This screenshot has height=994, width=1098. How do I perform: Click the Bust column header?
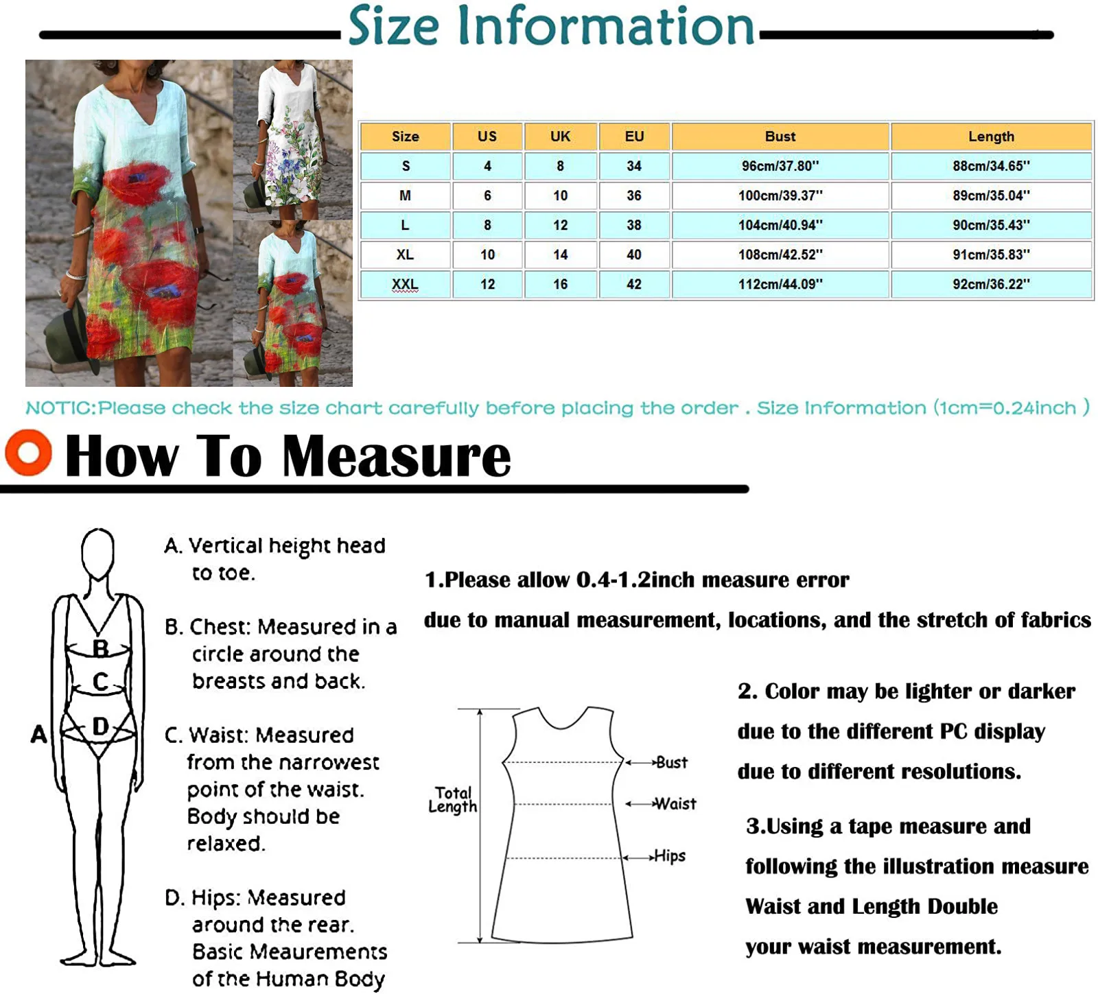pos(780,137)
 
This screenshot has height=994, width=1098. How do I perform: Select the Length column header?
pos(991,137)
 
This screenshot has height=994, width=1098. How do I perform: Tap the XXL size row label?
pos(405,284)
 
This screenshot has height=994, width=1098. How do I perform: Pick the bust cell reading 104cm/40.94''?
pos(780,225)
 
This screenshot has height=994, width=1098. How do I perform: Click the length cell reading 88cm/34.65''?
pos(991,166)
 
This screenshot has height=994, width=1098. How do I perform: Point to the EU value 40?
pos(633,255)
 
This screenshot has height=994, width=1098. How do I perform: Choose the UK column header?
pos(560,137)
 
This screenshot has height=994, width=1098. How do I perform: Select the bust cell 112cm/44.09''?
pos(780,284)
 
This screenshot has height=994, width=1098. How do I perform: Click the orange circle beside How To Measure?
pos(28,453)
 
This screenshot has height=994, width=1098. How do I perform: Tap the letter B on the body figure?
pos(100,648)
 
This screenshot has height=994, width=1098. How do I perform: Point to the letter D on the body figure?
pos(100,726)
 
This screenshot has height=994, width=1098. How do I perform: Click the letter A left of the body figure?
pos(39,735)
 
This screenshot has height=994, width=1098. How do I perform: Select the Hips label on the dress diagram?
pos(670,856)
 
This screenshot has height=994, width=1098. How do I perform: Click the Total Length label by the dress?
pos(453,800)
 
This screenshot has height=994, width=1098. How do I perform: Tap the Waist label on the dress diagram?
pos(675,804)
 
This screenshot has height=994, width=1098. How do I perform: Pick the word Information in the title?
pos(605,26)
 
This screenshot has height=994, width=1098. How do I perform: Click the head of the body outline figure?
pos(97,553)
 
